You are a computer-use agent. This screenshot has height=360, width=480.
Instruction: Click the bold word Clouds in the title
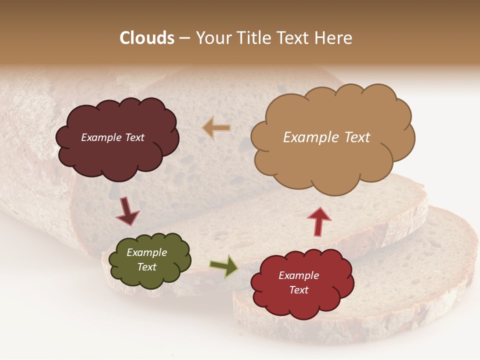click(x=147, y=37)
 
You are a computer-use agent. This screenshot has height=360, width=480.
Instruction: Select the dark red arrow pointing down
click(x=127, y=211)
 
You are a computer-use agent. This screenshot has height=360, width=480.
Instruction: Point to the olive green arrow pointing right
click(x=223, y=266)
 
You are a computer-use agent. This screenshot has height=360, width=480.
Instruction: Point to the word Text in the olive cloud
click(x=147, y=267)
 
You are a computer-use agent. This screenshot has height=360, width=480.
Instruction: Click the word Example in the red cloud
click(x=298, y=275)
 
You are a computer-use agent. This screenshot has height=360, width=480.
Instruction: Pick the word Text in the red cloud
click(x=298, y=290)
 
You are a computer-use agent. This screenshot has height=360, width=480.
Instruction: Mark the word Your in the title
click(x=212, y=37)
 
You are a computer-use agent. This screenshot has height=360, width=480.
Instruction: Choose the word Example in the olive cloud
click(x=146, y=252)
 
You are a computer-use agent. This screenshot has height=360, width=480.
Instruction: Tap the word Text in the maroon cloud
click(x=134, y=137)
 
